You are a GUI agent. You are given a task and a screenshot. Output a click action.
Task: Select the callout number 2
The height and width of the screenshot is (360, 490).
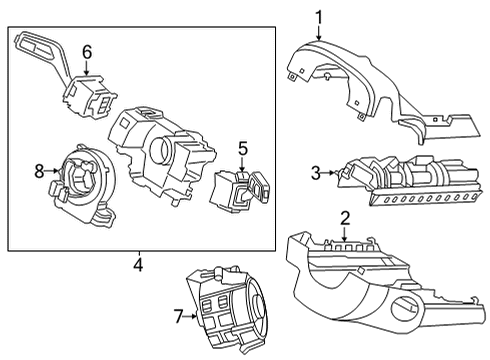tap(344, 217)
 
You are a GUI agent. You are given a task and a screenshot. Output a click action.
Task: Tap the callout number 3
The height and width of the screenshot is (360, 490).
tap(315, 173)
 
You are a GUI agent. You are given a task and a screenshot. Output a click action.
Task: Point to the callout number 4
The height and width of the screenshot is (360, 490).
tap(137, 265)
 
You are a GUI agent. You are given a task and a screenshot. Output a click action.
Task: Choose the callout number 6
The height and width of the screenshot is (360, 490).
tap(87, 50)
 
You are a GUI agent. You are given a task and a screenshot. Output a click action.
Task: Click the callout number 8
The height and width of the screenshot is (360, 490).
tap(39, 171)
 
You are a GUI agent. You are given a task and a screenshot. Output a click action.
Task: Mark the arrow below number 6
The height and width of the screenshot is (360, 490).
tap(87, 68)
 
